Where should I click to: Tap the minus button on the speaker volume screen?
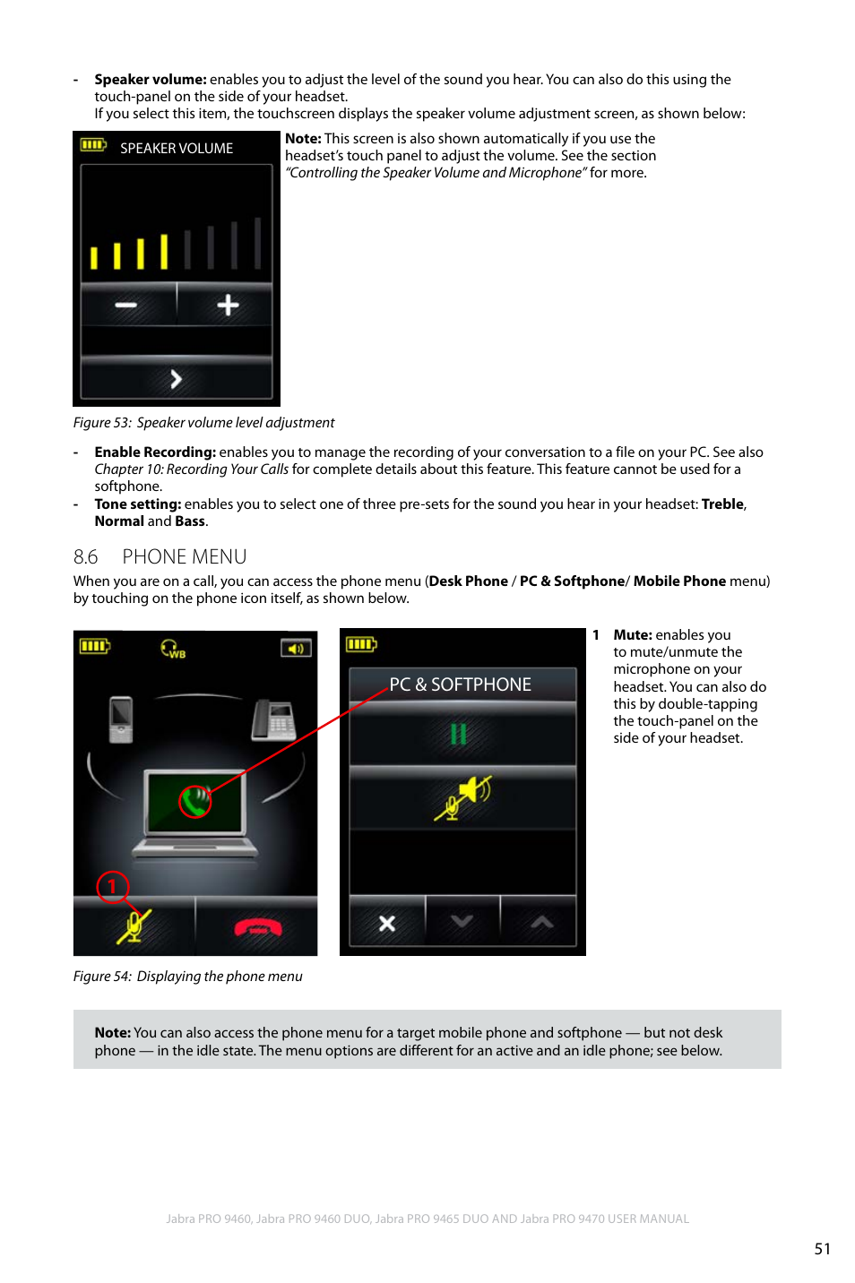126,306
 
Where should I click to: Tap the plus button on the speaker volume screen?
228,306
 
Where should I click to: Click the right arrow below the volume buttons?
176,379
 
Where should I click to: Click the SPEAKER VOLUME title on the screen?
177,149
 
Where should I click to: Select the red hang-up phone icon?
257,928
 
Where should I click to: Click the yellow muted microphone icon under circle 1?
134,926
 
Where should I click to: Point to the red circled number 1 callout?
112,887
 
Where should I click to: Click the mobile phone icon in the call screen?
120,719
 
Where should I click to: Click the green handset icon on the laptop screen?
195,799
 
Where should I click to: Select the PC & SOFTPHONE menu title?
461,685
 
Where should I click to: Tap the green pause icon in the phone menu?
459,735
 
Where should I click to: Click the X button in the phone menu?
387,923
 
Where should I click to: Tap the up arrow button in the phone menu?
540,922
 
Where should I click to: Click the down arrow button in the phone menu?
462,922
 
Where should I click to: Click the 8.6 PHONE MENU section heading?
160,557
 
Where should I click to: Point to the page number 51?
822,1249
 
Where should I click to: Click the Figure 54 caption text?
188,977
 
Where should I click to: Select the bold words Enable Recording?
155,452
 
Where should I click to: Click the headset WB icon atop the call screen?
173,649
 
